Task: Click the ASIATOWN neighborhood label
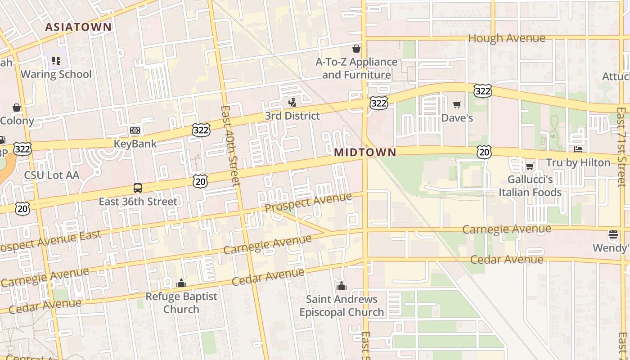pyautogui.click(x=78, y=27)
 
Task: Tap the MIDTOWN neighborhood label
pyautogui.click(x=365, y=153)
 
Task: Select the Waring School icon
pyautogui.click(x=56, y=60)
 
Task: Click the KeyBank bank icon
pyautogui.click(x=135, y=130)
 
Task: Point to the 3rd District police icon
pyautogui.click(x=292, y=102)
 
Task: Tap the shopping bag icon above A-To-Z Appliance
pyautogui.click(x=356, y=48)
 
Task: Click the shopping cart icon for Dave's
pyautogui.click(x=457, y=105)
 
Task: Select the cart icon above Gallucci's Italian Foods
pyautogui.click(x=530, y=166)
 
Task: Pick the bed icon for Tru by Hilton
pyautogui.click(x=578, y=149)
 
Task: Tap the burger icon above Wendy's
pyautogui.click(x=613, y=234)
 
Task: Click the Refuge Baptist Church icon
pyautogui.click(x=181, y=283)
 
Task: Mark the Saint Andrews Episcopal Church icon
pyautogui.click(x=342, y=286)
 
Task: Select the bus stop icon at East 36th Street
pyautogui.click(x=138, y=188)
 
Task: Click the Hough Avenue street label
pyautogui.click(x=507, y=38)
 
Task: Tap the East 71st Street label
pyautogui.click(x=621, y=146)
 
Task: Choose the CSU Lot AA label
pyautogui.click(x=51, y=175)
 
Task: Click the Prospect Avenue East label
pyautogui.click(x=49, y=241)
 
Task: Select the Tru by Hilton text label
pyautogui.click(x=578, y=162)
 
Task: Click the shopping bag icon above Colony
pyautogui.click(x=17, y=108)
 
